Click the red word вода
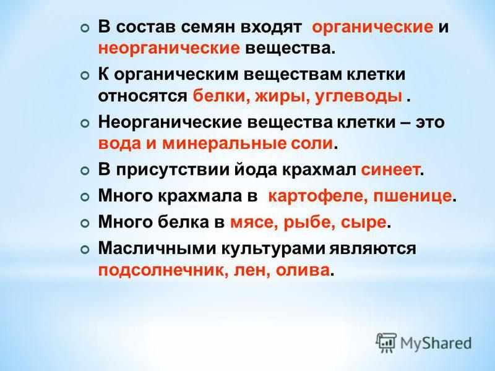point(118,143)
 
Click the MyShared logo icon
point(386,341)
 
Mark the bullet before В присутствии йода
point(85,170)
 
